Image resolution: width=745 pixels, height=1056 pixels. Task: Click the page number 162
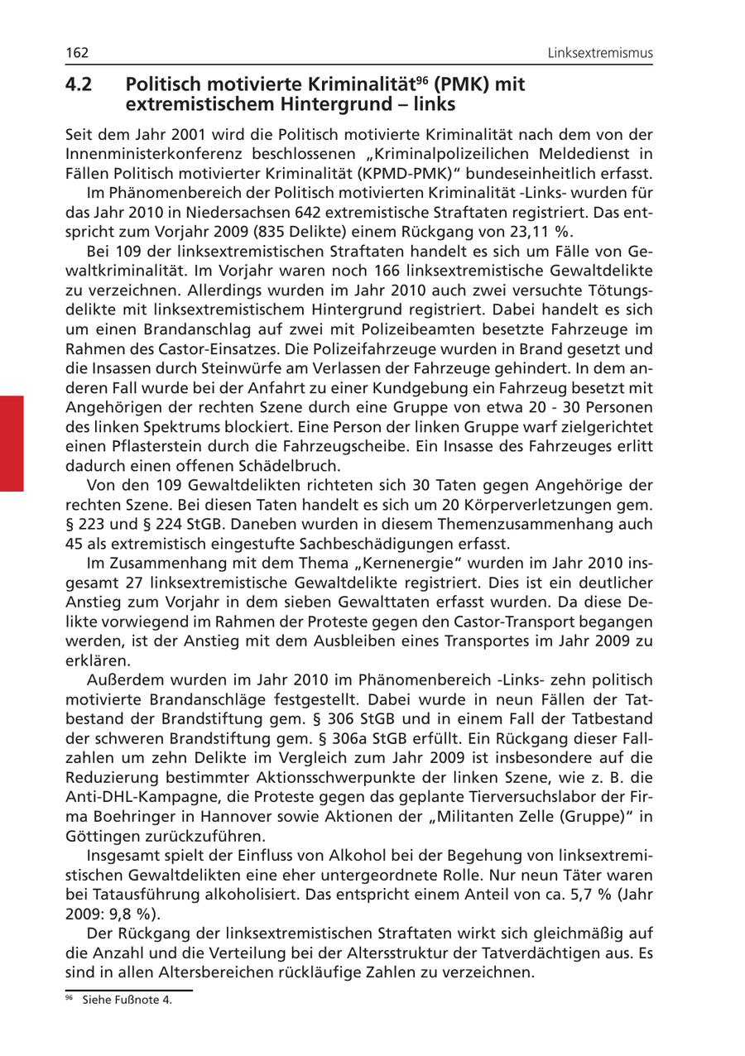pos(77,54)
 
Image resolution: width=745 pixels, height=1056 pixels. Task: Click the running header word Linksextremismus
pos(600,54)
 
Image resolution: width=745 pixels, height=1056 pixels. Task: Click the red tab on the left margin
pos(12,444)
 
